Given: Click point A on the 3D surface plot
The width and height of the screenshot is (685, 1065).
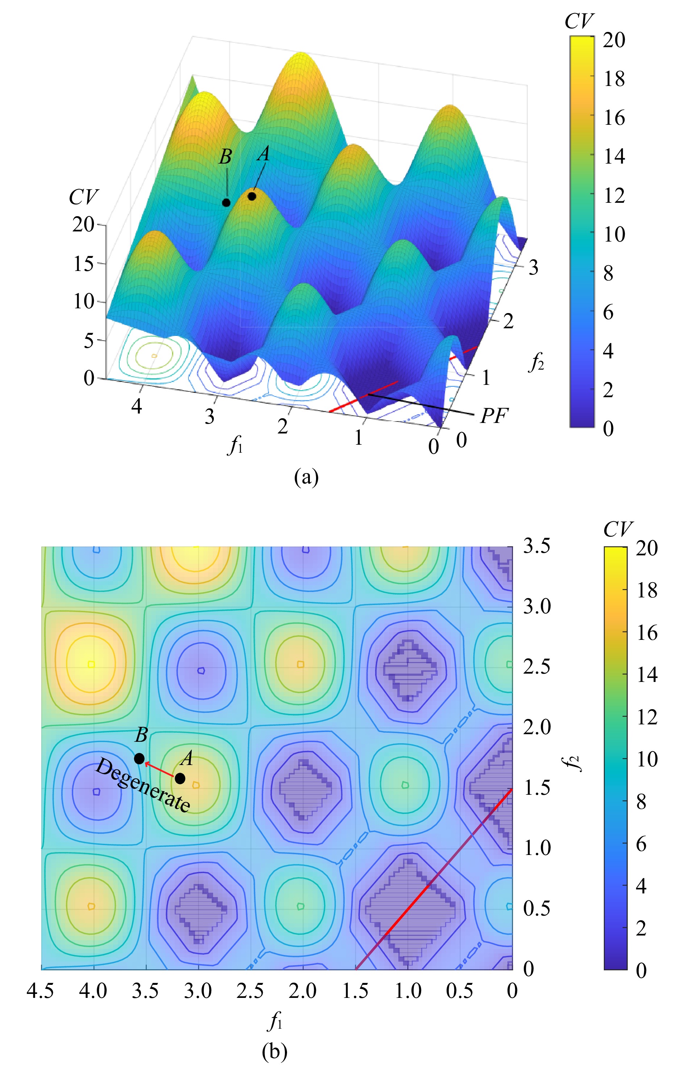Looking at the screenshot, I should (252, 196).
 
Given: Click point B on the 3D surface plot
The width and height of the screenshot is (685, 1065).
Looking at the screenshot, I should (226, 202).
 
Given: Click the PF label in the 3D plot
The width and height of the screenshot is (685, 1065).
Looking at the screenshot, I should (494, 415).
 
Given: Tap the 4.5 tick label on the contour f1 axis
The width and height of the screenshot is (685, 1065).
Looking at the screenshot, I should (41, 991).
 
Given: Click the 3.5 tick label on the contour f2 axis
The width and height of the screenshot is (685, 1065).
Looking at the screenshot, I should (536, 546).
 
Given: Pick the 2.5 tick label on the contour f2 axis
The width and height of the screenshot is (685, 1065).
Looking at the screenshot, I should (536, 667).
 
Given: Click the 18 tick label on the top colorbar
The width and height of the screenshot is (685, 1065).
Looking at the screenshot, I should (614, 79).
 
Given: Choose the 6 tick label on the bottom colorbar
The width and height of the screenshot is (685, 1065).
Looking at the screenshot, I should (640, 843).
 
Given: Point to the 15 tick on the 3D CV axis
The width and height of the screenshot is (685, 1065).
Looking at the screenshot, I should (84, 263).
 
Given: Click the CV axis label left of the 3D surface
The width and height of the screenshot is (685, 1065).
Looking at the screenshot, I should (83, 196).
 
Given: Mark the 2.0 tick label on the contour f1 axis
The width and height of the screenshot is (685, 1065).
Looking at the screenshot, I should (303, 991).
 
